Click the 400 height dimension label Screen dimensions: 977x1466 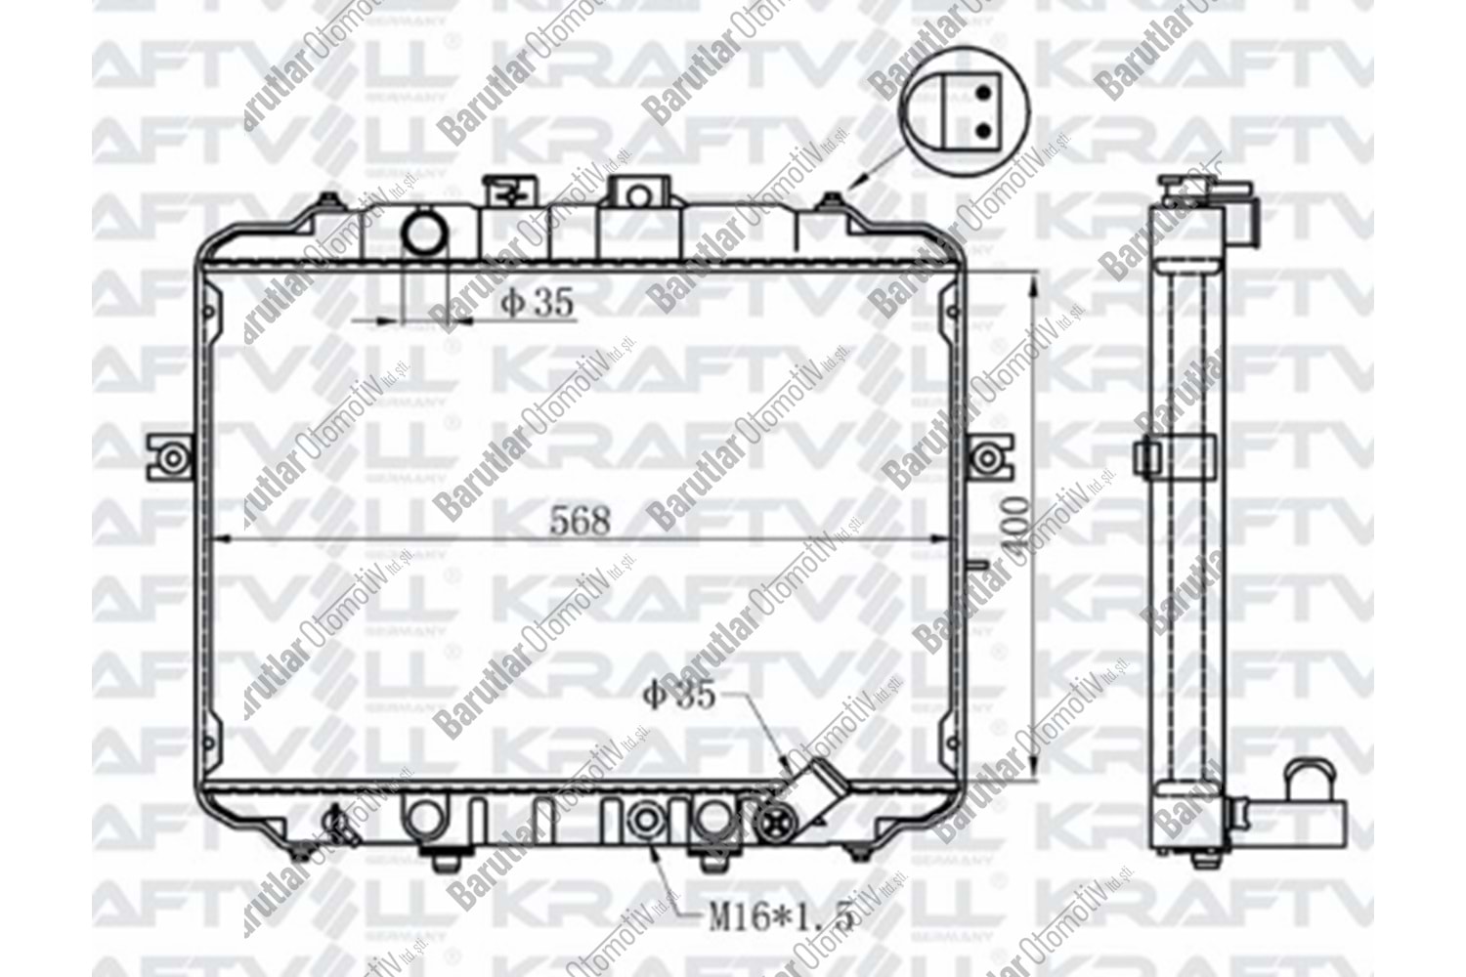[x=1017, y=529]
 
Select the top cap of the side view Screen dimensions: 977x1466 [x=1190, y=186]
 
